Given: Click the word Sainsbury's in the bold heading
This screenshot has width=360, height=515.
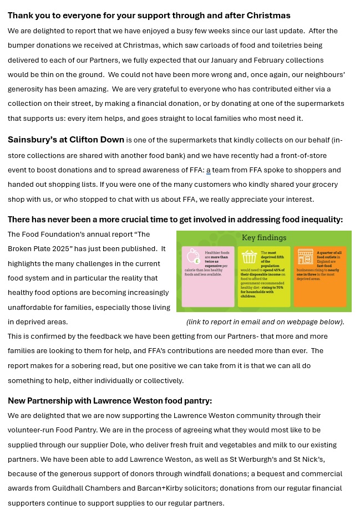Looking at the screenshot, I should tap(31, 140).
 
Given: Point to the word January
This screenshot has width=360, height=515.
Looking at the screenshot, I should tap(229, 60).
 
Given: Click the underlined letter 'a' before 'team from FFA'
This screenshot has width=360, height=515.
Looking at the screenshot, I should tap(209, 170).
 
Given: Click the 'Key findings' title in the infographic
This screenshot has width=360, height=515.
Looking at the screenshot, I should tap(264, 238).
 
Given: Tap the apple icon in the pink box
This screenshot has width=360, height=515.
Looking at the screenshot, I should tap(193, 256).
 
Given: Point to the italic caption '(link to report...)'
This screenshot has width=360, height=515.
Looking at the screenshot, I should tap(265, 322).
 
